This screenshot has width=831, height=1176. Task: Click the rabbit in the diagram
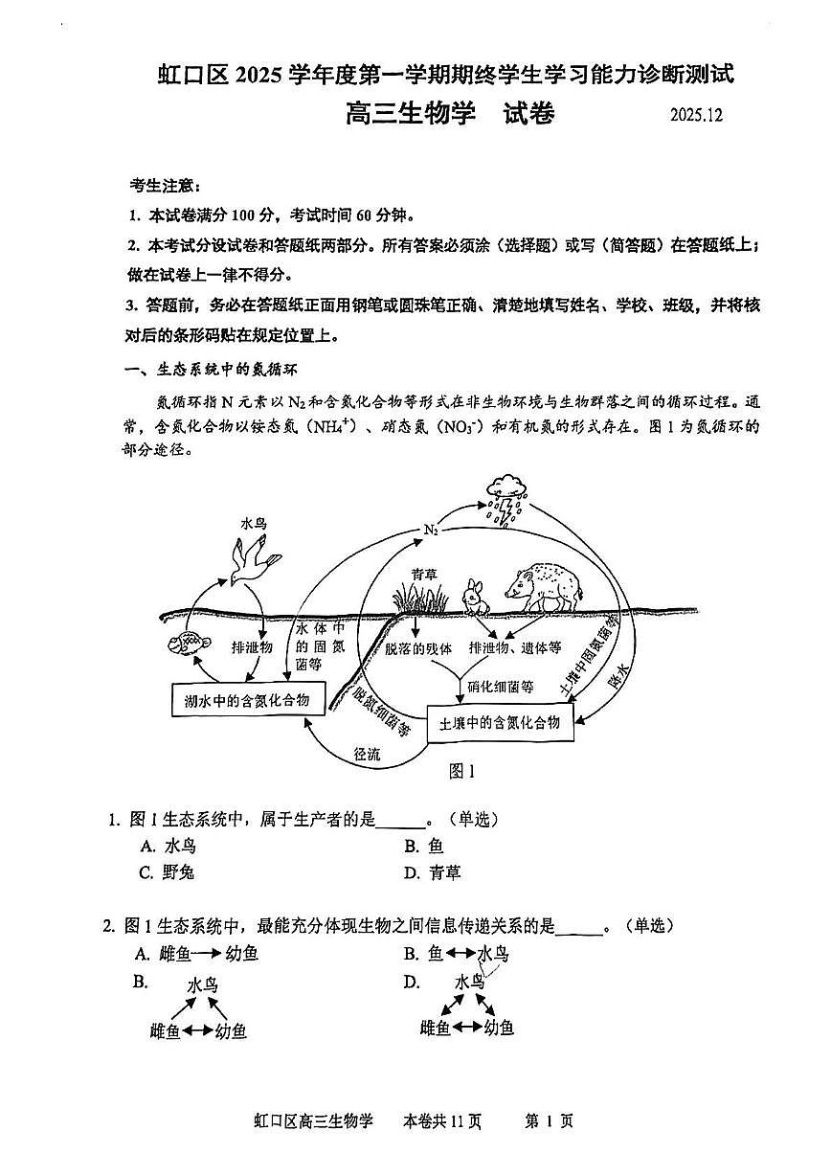click(474, 597)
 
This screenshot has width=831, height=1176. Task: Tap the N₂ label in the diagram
click(430, 530)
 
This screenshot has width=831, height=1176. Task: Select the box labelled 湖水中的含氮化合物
click(247, 700)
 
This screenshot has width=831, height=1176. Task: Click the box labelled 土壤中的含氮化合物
click(498, 722)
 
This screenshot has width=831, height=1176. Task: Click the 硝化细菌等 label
click(500, 686)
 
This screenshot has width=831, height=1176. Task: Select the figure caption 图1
click(462, 771)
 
